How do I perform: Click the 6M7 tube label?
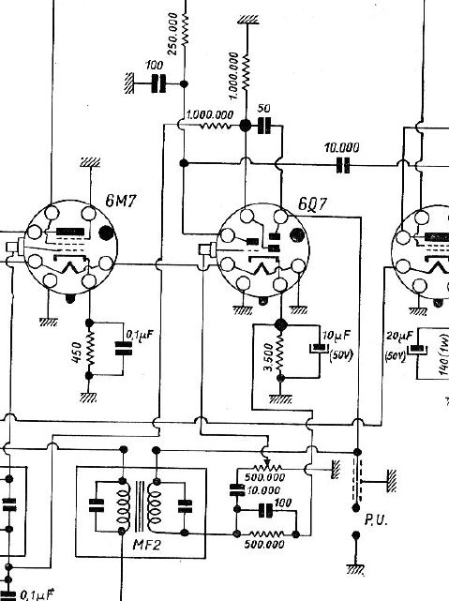[121, 201]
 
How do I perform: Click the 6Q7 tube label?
[313, 204]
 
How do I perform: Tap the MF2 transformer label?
[146, 544]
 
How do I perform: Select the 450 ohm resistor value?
[77, 353]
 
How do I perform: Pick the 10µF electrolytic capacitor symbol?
[319, 349]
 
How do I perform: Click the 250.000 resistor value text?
[172, 34]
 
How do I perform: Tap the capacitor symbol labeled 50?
[264, 126]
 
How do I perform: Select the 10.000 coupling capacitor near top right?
[343, 165]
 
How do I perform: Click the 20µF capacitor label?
[399, 337]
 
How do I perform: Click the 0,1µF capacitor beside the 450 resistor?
[124, 349]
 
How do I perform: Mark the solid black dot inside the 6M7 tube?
[106, 233]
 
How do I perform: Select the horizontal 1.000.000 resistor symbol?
[215, 126]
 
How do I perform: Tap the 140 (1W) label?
[443, 354]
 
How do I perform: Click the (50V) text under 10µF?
[341, 355]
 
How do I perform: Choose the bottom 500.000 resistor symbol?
[266, 533]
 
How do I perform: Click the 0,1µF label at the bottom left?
[36, 594]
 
